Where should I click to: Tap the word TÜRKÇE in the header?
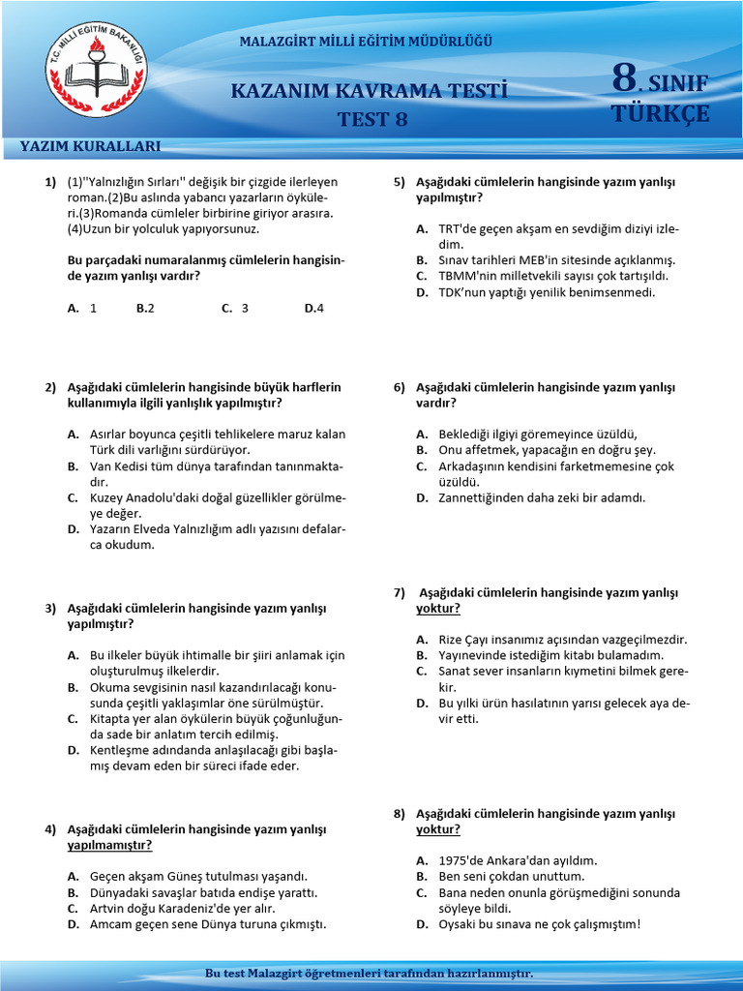pos(661,113)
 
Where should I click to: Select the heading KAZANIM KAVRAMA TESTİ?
pos(369,91)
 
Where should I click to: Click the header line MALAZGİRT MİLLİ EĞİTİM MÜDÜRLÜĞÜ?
pos(366,42)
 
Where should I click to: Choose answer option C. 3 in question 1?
pos(235,308)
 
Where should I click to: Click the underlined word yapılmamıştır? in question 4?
pos(109,845)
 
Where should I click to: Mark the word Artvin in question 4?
pos(108,909)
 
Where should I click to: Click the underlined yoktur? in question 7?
pos(437,608)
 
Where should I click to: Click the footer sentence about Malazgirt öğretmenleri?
pos(371,973)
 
